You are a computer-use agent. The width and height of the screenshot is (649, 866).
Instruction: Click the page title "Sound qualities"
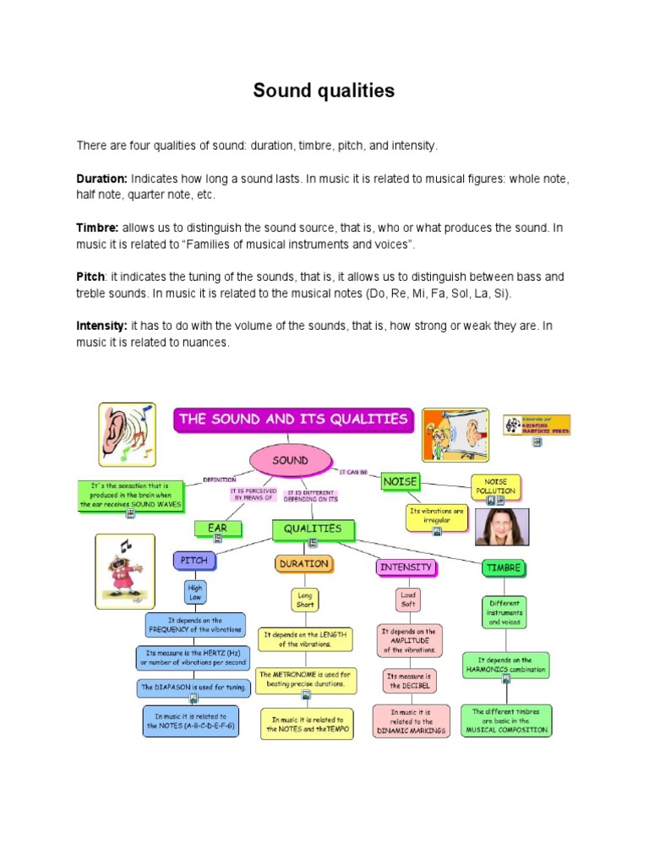pyautogui.click(x=324, y=91)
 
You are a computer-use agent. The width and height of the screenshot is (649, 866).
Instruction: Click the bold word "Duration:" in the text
pyautogui.click(x=102, y=179)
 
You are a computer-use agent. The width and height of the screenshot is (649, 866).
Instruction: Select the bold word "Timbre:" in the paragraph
pyautogui.click(x=98, y=228)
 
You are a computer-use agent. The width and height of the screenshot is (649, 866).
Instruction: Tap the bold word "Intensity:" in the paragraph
pyautogui.click(x=102, y=326)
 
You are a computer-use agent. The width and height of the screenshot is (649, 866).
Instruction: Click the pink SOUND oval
pyautogui.click(x=290, y=461)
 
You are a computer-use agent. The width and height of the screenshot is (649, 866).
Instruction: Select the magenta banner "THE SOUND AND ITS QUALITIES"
pyautogui.click(x=293, y=419)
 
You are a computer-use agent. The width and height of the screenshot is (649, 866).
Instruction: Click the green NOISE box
pyautogui.click(x=401, y=481)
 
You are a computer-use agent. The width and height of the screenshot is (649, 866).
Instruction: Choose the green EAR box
pyautogui.click(x=217, y=529)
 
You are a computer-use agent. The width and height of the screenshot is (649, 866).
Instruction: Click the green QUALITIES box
pyautogui.click(x=313, y=529)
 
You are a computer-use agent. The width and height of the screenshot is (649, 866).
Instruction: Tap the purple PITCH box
pyautogui.click(x=194, y=560)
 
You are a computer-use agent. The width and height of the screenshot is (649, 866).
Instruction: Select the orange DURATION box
pyautogui.click(x=303, y=563)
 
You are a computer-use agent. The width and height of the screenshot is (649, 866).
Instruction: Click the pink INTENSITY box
pyautogui.click(x=406, y=567)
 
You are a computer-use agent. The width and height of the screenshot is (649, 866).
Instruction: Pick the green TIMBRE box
pyautogui.click(x=504, y=567)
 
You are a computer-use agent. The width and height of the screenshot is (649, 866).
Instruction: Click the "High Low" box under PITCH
pyautogui.click(x=195, y=591)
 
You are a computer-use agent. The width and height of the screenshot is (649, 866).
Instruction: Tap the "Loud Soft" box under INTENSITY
pyautogui.click(x=408, y=600)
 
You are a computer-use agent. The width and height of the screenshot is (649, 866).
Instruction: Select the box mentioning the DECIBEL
pyautogui.click(x=410, y=681)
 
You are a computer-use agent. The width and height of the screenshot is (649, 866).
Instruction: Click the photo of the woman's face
pyautogui.click(x=502, y=527)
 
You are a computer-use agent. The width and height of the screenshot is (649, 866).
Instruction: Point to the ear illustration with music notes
pyautogui.click(x=127, y=434)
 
